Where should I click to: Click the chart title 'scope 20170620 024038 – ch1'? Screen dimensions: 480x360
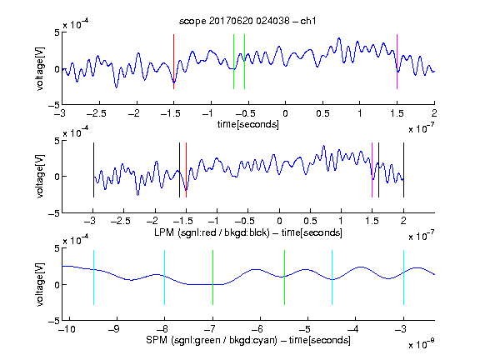pyautogui.click(x=247, y=21)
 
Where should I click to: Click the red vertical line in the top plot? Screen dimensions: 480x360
pyautogui.click(x=173, y=62)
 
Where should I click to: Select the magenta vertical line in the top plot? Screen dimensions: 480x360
pyautogui.click(x=397, y=62)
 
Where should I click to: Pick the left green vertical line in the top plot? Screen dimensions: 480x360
pyautogui.click(x=233, y=62)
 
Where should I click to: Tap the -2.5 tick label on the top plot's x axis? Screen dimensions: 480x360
pyautogui.click(x=97, y=113)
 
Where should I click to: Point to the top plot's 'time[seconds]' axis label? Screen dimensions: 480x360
pyautogui.click(x=248, y=124)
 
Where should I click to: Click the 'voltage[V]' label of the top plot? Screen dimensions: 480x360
pyautogui.click(x=40, y=68)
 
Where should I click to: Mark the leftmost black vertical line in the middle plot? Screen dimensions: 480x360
pyautogui.click(x=93, y=170)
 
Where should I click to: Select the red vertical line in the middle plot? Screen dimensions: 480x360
pyautogui.click(x=186, y=170)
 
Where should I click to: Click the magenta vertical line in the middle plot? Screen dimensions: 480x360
pyautogui.click(x=372, y=170)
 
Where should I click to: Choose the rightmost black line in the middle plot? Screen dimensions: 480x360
pyautogui.click(x=403, y=170)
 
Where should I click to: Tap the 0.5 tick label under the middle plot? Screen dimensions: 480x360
pyautogui.click(x=310, y=221)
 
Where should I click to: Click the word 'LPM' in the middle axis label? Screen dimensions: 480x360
pyautogui.click(x=164, y=232)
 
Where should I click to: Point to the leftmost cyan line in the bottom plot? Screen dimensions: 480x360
pyautogui.click(x=93, y=277)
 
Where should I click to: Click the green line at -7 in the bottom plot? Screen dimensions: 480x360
pyautogui.click(x=212, y=277)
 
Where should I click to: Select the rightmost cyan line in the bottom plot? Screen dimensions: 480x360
pyautogui.click(x=403, y=277)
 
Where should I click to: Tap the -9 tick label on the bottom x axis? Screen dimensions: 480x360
pyautogui.click(x=114, y=329)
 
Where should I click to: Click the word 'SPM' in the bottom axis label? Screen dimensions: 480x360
pyautogui.click(x=157, y=340)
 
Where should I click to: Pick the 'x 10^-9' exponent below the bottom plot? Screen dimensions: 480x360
pyautogui.click(x=422, y=343)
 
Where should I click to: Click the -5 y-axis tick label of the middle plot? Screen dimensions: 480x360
pyautogui.click(x=54, y=213)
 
